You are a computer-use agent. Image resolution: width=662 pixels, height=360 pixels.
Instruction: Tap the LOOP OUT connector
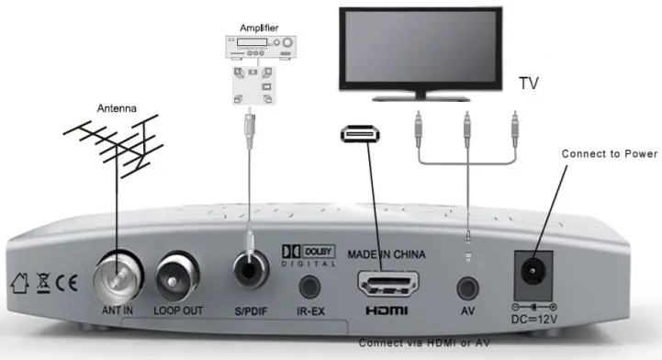point(178,272)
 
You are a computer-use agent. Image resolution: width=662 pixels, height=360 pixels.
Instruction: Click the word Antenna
point(118,108)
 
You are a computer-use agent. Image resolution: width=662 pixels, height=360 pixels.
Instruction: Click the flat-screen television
point(422,51)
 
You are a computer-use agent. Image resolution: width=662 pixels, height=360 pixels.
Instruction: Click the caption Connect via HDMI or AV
point(424,343)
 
